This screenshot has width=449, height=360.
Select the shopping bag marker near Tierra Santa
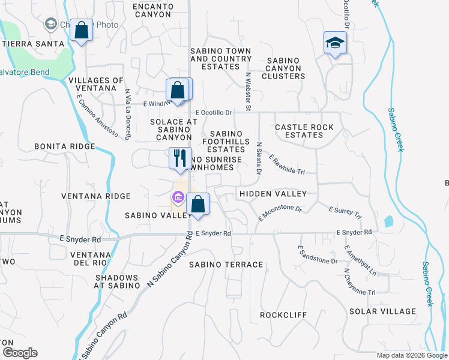81,31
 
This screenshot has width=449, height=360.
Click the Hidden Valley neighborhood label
273,194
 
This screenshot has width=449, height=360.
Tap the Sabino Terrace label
226,265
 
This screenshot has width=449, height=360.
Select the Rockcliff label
283,315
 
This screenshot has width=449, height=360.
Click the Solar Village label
382,311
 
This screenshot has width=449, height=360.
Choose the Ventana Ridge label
96,196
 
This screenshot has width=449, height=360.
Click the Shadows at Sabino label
118,281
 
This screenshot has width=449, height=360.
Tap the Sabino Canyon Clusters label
286,68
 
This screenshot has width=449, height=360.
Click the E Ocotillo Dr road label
214,112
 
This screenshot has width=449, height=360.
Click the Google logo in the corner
20,353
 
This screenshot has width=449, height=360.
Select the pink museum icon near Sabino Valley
178,196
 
